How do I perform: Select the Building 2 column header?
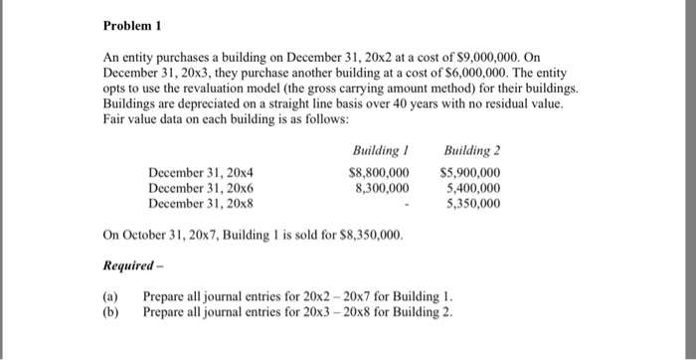[x=471, y=149]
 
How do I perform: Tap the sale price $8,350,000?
[x=372, y=236]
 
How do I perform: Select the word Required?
[x=126, y=267]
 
